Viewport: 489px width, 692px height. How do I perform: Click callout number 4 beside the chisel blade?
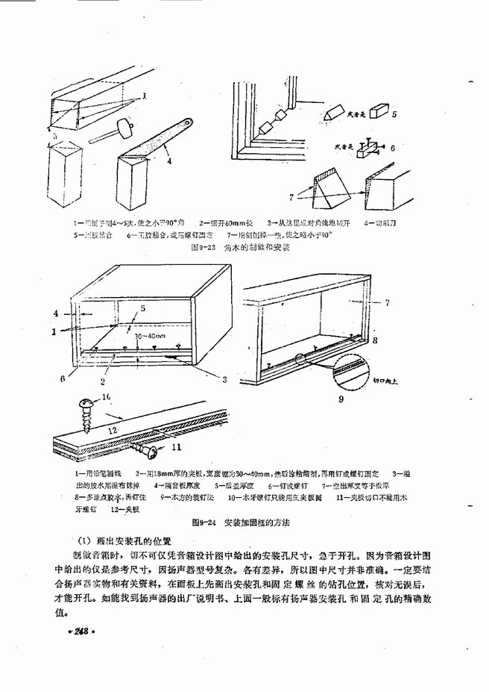[171, 158]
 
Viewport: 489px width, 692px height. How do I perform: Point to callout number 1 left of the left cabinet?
[54, 331]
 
